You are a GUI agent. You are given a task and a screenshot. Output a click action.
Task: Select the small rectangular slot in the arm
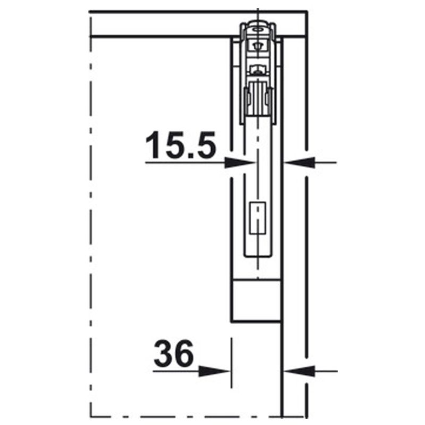258,217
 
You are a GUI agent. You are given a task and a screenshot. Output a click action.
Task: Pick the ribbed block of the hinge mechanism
258,98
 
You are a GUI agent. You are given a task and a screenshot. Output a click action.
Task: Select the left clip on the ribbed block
246,98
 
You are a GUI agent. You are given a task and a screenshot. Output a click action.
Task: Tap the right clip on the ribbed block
270,98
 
